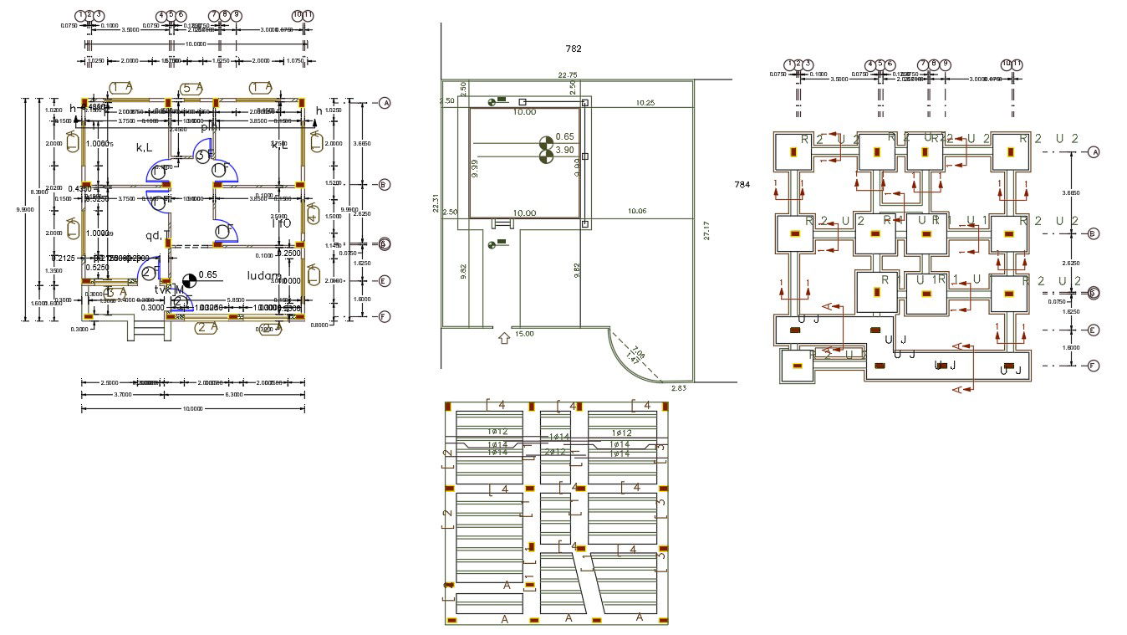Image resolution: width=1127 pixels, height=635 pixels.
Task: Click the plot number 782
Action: coord(573,49)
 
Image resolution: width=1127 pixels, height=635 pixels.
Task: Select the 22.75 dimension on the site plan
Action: coord(567,75)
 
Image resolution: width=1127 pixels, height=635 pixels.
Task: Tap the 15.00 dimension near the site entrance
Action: coord(524,334)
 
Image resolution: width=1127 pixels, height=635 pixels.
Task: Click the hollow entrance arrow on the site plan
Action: coord(504,338)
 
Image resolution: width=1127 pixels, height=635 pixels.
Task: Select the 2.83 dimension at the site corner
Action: coord(677,388)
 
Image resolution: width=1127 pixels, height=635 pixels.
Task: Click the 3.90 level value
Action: coord(565,150)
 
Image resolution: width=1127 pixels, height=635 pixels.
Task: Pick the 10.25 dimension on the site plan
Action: coord(645,102)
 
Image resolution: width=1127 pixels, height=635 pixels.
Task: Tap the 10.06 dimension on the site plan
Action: coord(637,212)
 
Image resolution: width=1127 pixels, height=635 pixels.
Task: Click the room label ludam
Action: coord(265,275)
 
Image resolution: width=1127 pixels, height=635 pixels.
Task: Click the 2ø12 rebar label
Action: coord(555,451)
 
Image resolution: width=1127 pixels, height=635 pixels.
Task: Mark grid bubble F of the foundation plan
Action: coord(1093,366)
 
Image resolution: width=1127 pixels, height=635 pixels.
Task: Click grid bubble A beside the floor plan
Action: coord(385,103)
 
